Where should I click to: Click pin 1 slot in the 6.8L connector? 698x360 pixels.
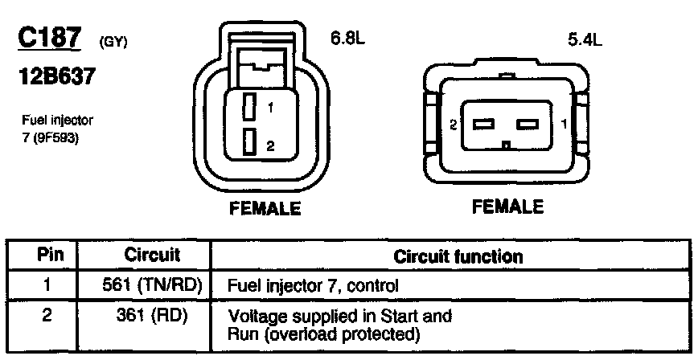(250, 106)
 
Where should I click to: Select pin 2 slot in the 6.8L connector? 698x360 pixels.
(250, 142)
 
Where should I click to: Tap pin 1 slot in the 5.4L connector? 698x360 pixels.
(528, 125)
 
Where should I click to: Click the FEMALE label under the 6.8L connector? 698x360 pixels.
(265, 209)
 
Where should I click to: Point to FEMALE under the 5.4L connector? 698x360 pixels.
(507, 207)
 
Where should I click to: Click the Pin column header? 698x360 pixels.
(46, 256)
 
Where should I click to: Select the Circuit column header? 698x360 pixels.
(152, 256)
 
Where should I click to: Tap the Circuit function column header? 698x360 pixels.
(458, 256)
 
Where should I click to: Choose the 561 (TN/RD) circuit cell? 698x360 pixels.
(153, 284)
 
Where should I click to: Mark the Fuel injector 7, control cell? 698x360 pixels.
(314, 284)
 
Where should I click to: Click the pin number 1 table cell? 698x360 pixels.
(46, 284)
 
